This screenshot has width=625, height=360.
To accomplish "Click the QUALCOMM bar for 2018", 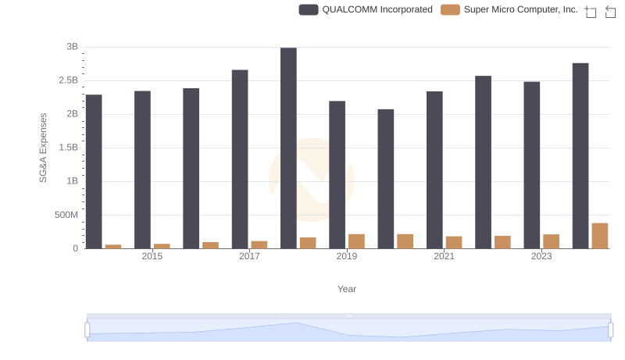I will pos(288,148).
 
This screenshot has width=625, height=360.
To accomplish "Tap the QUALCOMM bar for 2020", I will pos(386,179).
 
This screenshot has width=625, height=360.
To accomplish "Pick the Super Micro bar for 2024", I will pos(600,236).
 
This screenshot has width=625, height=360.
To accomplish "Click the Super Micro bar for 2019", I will pos(356,241).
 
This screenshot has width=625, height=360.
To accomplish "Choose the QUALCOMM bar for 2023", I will pos(532,165).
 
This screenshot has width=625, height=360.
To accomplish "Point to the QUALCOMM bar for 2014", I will pos(94,172).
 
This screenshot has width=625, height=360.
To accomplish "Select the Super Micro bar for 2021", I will pos(454,242).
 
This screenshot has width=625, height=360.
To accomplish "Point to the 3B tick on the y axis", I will pos(72,47).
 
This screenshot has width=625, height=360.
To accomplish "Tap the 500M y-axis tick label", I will pos(65,215).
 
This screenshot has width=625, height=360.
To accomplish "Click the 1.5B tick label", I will pos(67,148).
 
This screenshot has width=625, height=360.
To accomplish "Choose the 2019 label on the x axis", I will pos(347,256).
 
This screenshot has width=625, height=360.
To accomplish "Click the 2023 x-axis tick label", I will pos(541,256).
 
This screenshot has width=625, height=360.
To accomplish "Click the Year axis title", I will pos(347,289).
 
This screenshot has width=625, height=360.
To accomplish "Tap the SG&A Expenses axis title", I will pos(44,148).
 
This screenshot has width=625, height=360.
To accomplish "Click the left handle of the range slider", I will pos(87,330).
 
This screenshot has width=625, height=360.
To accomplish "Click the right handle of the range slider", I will pos(611,330).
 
